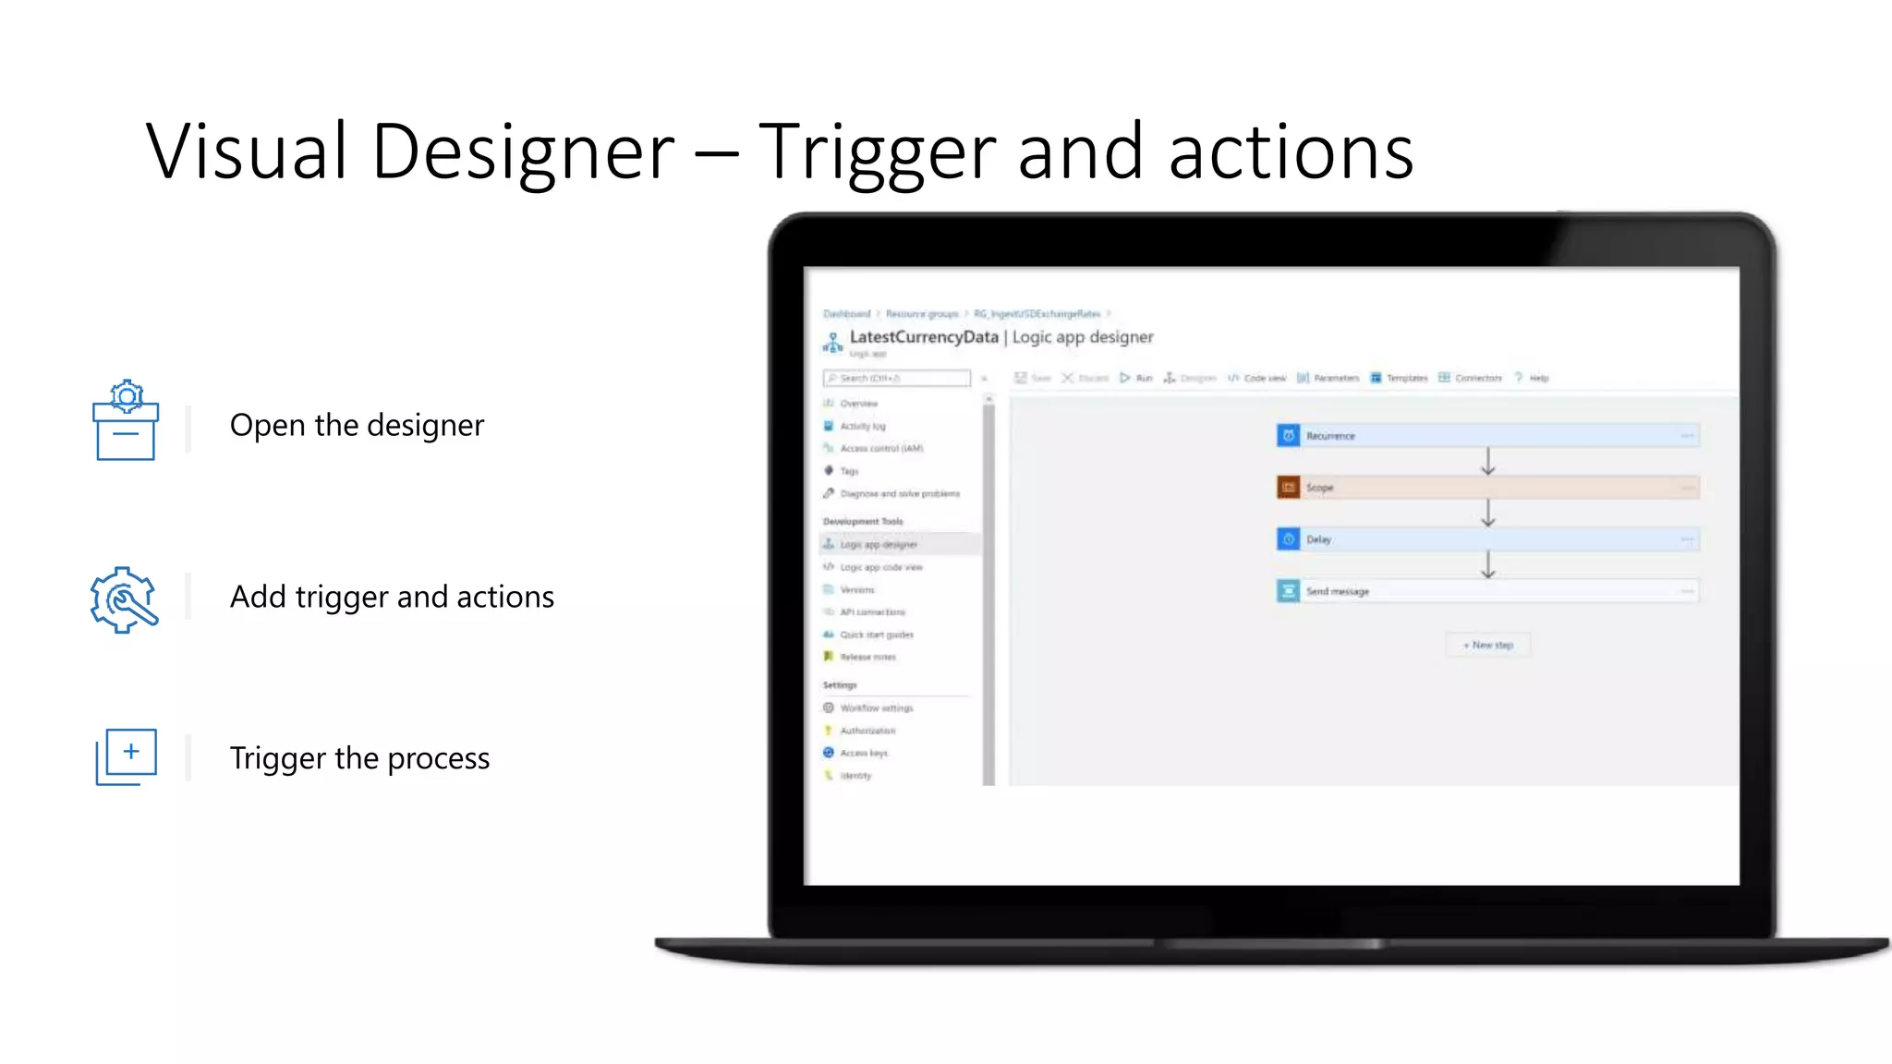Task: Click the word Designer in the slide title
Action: coord(523,151)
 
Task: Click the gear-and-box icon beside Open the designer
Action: coord(126,420)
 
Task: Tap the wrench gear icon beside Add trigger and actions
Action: coord(125,599)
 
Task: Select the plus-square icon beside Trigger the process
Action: coord(127,756)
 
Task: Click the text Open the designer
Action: coord(357,425)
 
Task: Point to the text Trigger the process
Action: coord(359,758)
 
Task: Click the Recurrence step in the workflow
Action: coord(1486,436)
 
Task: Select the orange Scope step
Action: coord(1486,488)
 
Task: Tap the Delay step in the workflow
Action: coord(1486,539)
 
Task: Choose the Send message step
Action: coord(1486,591)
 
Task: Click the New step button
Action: coord(1487,645)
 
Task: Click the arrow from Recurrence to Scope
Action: coord(1487,462)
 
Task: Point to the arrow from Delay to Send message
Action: coord(1487,565)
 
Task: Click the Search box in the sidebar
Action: coord(896,378)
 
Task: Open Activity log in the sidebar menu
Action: coord(862,427)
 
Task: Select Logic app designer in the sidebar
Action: coord(878,545)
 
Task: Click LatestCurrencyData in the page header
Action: coord(924,337)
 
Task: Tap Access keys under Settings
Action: coord(863,754)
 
